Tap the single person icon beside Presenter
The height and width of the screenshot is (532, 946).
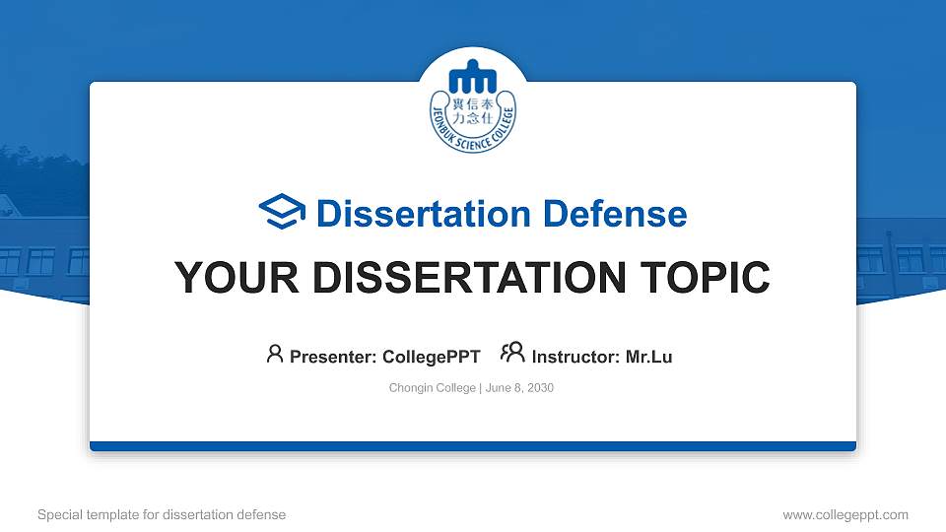coord(275,354)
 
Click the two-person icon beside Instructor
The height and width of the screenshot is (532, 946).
coord(512,354)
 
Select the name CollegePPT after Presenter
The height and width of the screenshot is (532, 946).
coord(431,357)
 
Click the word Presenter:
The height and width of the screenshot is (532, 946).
coord(333,357)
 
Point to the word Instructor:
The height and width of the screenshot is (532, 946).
coord(576,357)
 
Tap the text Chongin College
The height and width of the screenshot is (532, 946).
coord(433,388)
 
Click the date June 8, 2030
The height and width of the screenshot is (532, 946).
coord(519,388)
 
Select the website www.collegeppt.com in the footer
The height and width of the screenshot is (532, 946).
coord(845,514)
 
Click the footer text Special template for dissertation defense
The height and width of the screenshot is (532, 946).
coord(162,514)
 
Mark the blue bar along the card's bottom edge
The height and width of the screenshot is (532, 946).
coord(473,446)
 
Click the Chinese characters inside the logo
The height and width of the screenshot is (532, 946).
coord(473,110)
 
